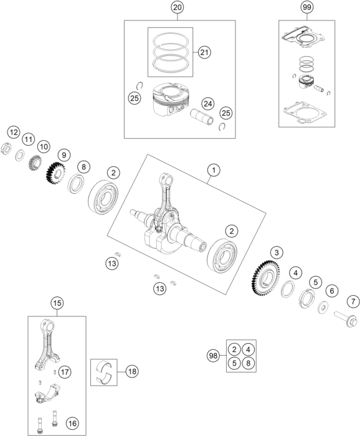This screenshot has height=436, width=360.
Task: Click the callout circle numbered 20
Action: (178, 7)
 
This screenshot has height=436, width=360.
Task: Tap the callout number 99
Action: (307, 7)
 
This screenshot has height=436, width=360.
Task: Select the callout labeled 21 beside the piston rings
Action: (204, 52)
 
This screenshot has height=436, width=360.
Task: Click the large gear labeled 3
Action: (265, 278)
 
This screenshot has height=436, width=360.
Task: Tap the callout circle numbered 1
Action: (214, 170)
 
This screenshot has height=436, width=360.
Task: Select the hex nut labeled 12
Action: (6, 148)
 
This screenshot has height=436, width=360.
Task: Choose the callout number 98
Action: (213, 356)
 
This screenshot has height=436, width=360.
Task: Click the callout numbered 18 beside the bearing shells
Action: (132, 371)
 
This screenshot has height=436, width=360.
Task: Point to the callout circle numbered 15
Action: (57, 303)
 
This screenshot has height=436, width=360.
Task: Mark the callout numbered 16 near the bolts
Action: (72, 424)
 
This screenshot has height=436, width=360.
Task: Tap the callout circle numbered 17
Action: (65, 372)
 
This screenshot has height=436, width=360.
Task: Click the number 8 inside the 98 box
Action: (249, 363)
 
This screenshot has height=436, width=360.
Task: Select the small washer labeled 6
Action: (323, 307)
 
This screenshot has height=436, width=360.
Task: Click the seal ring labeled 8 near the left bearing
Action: (77, 184)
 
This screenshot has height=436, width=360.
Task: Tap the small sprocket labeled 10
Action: (36, 163)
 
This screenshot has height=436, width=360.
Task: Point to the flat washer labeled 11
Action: (19, 155)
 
